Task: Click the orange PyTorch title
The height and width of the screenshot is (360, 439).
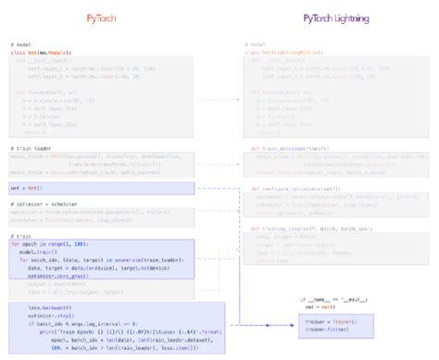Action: point(109,18)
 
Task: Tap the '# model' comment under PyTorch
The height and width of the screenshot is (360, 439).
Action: point(22,44)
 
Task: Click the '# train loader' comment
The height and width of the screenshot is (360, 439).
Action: point(30,148)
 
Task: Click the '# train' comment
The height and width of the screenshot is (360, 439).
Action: point(21,236)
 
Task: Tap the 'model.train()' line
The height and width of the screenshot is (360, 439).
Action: point(38,251)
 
